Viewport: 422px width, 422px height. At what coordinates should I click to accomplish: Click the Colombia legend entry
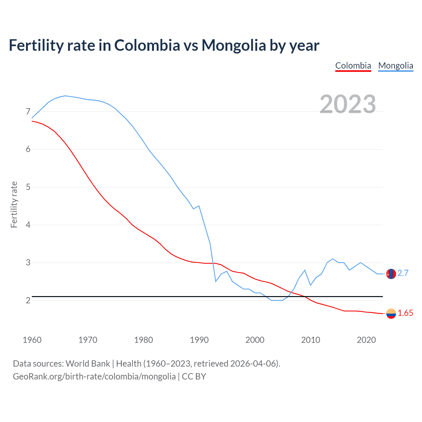tap(353, 66)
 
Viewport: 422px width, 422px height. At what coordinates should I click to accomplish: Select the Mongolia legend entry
tap(396, 66)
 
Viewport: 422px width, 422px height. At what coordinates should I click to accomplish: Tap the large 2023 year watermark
tap(348, 104)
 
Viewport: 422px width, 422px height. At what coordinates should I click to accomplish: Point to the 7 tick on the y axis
tap(28, 111)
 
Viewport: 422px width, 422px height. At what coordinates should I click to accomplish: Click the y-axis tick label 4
tap(28, 225)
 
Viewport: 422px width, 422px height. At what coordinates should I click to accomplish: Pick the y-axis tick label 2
tap(28, 300)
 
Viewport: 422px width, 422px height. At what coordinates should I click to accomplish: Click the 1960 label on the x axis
tap(32, 340)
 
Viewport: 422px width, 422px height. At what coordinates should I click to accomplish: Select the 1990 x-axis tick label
tap(199, 340)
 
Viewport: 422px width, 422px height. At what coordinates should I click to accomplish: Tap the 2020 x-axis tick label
tap(366, 340)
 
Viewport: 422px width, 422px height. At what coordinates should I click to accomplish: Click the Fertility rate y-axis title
tap(14, 204)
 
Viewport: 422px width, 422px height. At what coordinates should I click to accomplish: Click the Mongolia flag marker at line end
tap(391, 274)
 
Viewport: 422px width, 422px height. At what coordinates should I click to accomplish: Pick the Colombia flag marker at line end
tap(391, 314)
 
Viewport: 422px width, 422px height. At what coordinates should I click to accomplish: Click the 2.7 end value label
tap(403, 273)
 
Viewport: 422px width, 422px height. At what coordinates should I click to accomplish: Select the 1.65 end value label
tap(405, 313)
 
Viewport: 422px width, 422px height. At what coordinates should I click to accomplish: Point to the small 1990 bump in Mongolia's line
tap(199, 206)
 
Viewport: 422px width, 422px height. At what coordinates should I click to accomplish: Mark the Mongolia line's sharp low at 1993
tap(216, 281)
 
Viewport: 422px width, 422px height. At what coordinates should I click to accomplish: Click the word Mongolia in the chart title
tap(234, 45)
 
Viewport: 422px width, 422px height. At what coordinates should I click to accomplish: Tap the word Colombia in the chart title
tap(147, 45)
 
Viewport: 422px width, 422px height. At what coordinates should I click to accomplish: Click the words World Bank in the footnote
tap(88, 363)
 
